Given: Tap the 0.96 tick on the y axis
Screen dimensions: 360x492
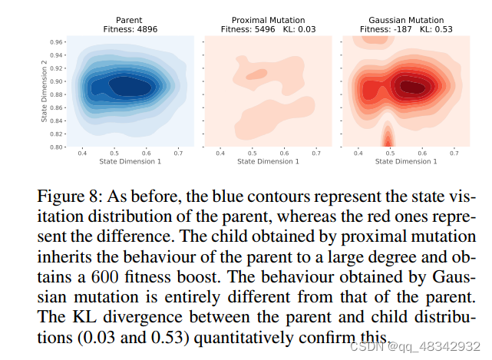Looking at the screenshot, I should (x=57, y=41).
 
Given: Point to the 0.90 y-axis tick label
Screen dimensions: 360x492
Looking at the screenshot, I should (x=57, y=81).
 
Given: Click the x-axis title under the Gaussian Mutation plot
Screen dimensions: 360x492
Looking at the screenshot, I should (x=404, y=162).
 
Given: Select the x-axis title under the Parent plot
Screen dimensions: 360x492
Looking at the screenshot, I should (x=130, y=162).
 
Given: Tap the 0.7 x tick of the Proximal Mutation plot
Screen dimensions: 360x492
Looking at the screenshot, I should (x=316, y=154).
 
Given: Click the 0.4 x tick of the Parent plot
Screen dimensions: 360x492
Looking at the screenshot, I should (x=82, y=154).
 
